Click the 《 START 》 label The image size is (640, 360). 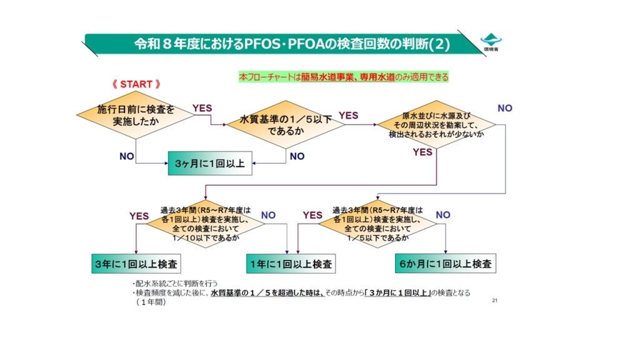(x=136, y=84)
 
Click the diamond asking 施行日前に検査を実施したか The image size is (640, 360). (x=135, y=116)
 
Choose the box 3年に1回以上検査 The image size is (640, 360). (x=136, y=264)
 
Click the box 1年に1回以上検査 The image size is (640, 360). (x=290, y=264)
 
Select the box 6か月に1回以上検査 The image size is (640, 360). (x=445, y=264)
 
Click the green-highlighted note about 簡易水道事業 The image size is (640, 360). (x=344, y=77)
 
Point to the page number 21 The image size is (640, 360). (x=494, y=301)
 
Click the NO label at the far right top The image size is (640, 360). (x=505, y=108)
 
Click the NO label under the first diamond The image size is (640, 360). (x=127, y=156)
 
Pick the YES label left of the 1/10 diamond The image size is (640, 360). (x=139, y=216)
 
